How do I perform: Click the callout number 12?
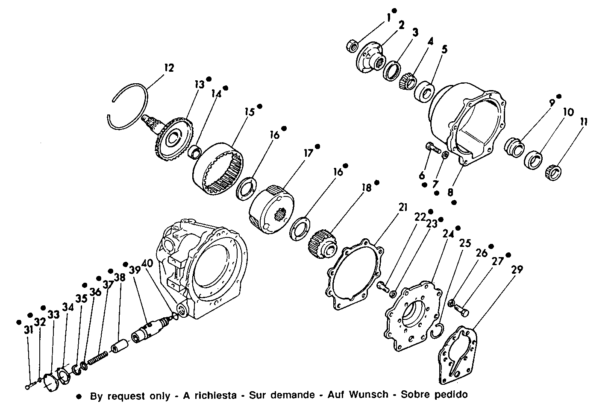[169, 67]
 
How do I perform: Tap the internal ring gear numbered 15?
[219, 169]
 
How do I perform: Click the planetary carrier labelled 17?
[270, 209]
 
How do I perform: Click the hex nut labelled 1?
[353, 45]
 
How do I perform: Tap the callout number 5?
[444, 50]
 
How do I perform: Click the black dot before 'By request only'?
[79, 395]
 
